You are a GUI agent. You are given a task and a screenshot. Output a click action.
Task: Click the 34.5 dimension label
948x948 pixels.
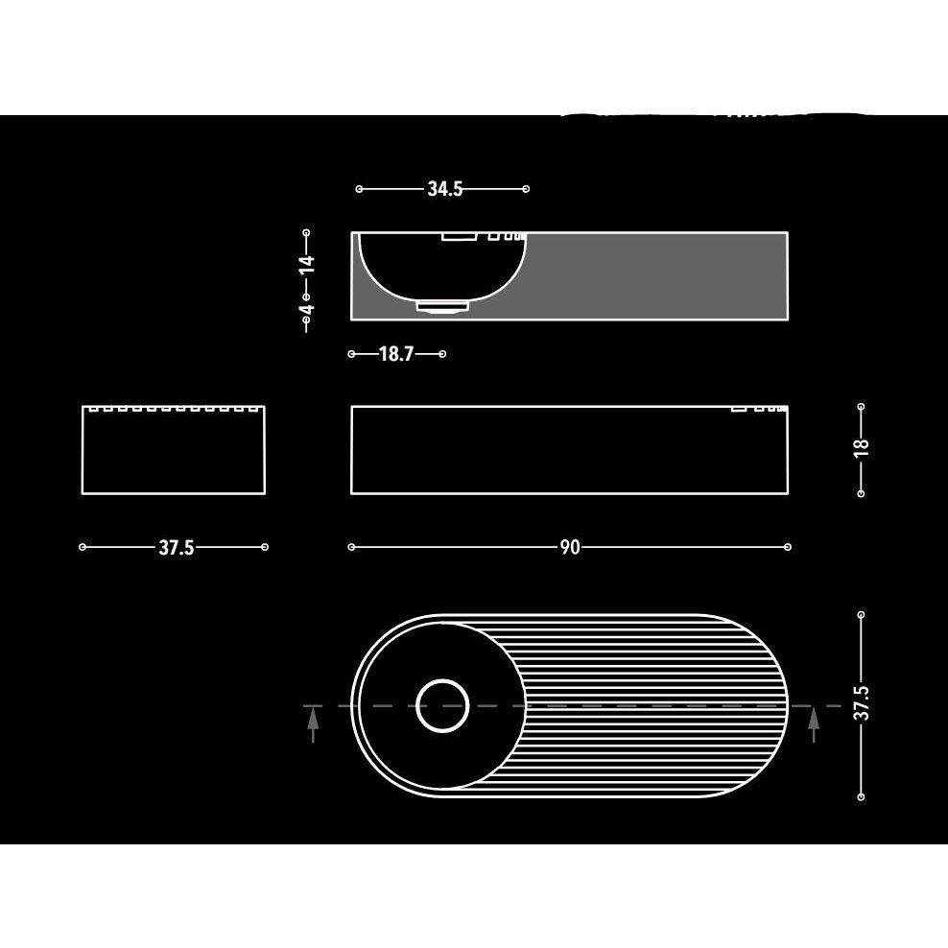445,189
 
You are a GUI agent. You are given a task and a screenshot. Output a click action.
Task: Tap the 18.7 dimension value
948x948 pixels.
396,354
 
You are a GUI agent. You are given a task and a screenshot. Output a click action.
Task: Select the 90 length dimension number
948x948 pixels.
570,547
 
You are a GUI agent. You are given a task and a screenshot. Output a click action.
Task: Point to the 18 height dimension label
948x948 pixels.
862,446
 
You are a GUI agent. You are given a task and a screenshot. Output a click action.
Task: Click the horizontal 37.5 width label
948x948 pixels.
176,548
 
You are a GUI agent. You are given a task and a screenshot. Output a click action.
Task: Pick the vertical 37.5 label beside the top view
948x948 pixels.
862,702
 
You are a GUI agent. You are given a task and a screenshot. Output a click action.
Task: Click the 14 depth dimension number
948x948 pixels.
308,264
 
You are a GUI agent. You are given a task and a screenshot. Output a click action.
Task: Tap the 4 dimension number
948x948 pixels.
308,309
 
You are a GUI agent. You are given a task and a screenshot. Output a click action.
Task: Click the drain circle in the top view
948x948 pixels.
442,705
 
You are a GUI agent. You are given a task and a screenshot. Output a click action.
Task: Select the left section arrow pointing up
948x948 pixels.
313,725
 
